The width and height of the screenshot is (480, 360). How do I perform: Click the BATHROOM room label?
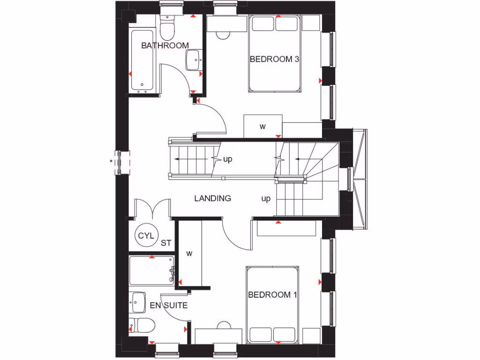(165, 45)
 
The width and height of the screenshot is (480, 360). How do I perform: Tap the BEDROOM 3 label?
(274, 60)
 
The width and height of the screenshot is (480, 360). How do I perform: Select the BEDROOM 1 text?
(272, 295)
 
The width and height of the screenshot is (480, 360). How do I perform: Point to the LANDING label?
(213, 198)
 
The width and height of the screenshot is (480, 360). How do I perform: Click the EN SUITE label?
(169, 306)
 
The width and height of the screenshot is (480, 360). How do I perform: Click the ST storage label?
(166, 243)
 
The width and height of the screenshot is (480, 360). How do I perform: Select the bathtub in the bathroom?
(142, 60)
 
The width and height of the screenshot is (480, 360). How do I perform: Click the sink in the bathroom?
(193, 60)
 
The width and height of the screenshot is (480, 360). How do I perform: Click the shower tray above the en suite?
(152, 271)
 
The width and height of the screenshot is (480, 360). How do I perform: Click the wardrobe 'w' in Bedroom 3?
(263, 127)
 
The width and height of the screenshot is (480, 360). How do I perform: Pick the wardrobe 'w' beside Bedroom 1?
(189, 254)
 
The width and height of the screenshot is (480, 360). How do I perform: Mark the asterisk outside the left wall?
(111, 162)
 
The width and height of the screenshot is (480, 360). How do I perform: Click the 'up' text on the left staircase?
(228, 159)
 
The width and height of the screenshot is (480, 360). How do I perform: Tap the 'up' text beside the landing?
(266, 199)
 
